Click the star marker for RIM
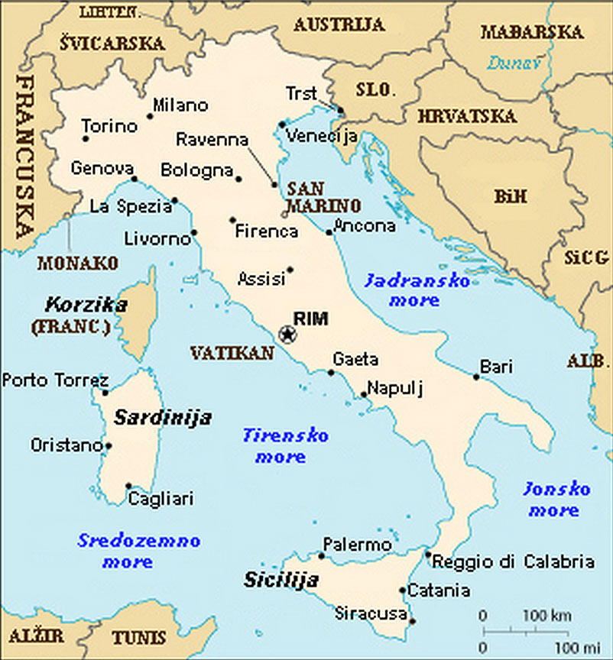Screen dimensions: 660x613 287,334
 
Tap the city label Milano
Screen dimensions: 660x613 180,105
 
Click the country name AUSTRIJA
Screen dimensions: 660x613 339,24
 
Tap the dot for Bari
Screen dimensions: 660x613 476,377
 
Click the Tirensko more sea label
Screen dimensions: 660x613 285,445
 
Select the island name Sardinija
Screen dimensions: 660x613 163,418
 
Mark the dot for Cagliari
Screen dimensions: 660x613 128,486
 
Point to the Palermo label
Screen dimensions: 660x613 357,545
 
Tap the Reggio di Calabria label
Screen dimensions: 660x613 513,562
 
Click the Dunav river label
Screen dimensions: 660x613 513,63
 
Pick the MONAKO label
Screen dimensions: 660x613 78,263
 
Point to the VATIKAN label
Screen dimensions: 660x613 232,352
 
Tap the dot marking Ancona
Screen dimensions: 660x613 329,232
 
